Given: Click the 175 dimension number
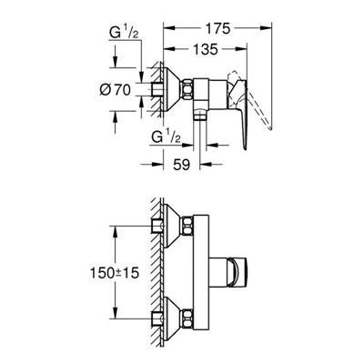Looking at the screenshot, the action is (x=218, y=29).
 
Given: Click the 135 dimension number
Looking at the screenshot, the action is (x=206, y=49).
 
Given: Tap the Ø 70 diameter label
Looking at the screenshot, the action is (x=115, y=89).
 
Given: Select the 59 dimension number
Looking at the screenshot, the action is (x=181, y=165).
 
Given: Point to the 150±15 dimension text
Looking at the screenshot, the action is (x=114, y=273).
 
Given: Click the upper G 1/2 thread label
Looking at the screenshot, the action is (x=124, y=34).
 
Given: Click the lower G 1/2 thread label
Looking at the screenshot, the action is (x=167, y=138).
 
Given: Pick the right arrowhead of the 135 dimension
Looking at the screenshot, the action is (x=241, y=49).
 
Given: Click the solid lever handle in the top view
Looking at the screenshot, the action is (x=242, y=111).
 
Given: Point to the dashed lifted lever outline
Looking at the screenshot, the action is (x=253, y=97).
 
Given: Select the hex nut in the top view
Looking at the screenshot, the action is (x=187, y=89).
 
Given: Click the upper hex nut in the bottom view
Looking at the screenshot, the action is (x=187, y=226).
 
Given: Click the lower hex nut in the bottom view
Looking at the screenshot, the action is (x=187, y=318).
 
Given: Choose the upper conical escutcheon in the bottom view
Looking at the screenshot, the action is (x=173, y=226).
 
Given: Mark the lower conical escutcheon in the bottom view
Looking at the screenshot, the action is (x=173, y=318).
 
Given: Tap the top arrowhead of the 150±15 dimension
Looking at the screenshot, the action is (x=115, y=232).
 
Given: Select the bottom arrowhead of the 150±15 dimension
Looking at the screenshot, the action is (x=115, y=312).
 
